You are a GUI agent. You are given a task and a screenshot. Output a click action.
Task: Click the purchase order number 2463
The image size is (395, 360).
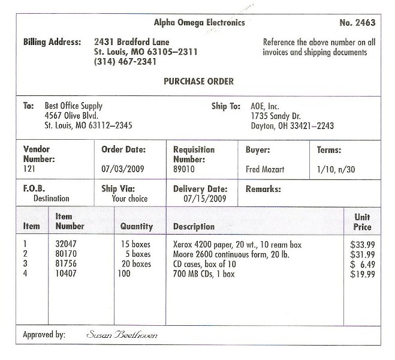(x=357, y=23)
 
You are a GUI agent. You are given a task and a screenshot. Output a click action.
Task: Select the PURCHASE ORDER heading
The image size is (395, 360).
(x=198, y=82)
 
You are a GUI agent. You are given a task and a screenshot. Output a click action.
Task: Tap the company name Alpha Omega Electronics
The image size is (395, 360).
(x=199, y=23)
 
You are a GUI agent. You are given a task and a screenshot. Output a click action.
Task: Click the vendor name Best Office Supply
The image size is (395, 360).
(x=74, y=106)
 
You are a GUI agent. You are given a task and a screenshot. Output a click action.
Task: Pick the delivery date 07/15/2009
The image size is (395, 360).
(x=204, y=198)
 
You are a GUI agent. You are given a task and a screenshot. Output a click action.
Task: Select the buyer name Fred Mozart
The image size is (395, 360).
(x=265, y=170)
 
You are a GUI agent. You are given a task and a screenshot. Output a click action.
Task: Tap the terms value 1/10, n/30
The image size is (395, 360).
(x=336, y=170)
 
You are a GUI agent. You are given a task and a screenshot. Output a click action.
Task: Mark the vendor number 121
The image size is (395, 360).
(x=29, y=170)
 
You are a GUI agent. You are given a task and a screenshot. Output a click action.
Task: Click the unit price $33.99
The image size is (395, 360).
(x=362, y=245)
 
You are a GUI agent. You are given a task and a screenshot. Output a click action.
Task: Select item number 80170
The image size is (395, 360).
(x=66, y=255)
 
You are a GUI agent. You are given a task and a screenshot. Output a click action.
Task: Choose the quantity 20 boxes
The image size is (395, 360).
(x=136, y=265)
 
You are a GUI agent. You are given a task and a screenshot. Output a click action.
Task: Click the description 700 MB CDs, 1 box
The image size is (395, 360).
(x=204, y=274)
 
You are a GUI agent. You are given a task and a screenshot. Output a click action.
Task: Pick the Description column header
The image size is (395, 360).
(x=194, y=227)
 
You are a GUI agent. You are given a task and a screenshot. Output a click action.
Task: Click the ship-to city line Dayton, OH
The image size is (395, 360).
(x=292, y=126)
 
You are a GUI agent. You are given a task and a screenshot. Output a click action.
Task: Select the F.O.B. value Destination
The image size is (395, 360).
(x=51, y=199)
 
